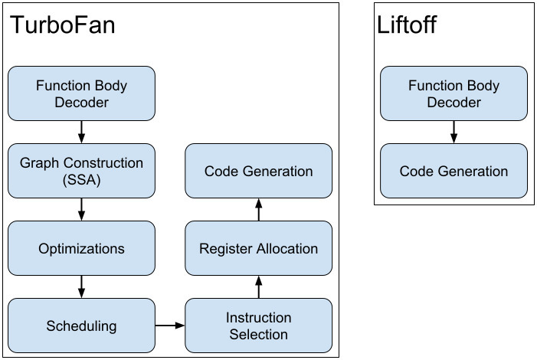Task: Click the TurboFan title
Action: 63,25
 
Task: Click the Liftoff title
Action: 407,25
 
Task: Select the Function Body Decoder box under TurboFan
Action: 81,93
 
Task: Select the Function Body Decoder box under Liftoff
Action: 454,93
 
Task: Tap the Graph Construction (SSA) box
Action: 81,171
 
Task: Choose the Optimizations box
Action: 81,248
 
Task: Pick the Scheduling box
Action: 81,326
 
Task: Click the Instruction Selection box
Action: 259,326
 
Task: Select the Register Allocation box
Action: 259,248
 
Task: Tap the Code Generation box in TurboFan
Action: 259,171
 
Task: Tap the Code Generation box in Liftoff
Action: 454,171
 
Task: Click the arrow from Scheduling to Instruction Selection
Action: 170,326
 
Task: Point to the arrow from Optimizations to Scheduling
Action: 81,286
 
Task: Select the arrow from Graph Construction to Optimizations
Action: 81,210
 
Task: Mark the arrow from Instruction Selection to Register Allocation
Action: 259,286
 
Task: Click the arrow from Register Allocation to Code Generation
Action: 259,210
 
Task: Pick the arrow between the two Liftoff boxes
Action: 454,133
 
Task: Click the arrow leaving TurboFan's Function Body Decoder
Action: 81,133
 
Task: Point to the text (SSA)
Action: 81,180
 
